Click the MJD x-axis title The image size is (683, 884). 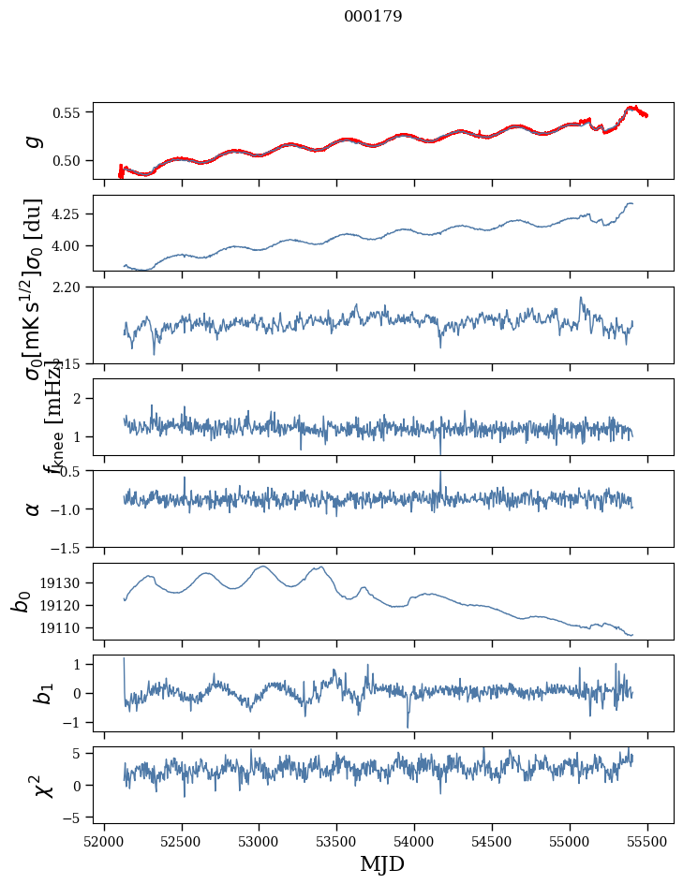pyautogui.click(x=382, y=863)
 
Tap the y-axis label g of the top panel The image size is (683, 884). pyautogui.click(x=34, y=140)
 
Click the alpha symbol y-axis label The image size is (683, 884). pyautogui.click(x=34, y=508)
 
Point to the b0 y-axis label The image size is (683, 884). pyautogui.click(x=22, y=600)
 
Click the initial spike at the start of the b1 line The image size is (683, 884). pyautogui.click(x=124, y=659)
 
